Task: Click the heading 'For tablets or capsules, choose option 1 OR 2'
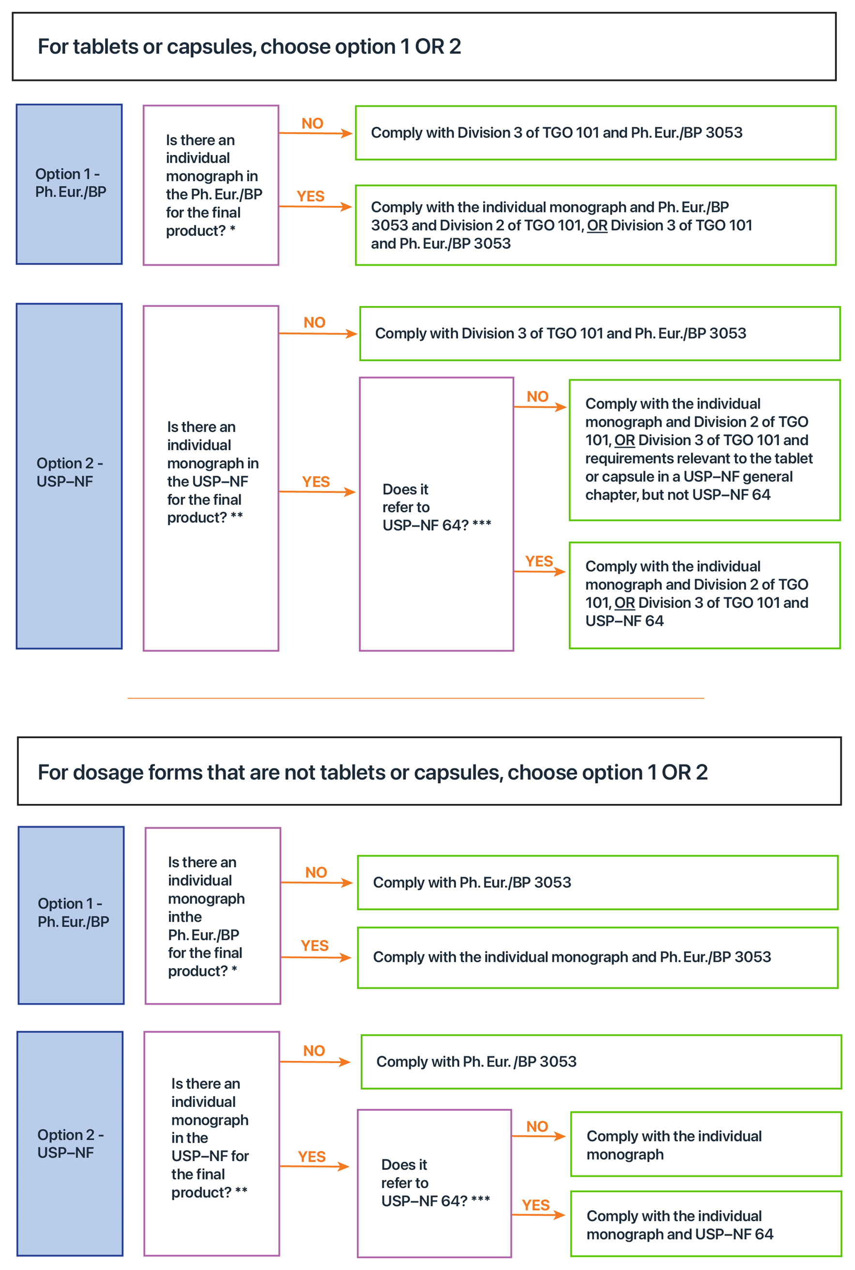(x=249, y=47)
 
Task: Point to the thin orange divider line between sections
(x=415, y=698)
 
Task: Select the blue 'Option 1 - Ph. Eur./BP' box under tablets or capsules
(x=69, y=184)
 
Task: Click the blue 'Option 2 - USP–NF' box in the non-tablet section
(x=70, y=1143)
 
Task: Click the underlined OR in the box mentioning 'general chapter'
(x=625, y=440)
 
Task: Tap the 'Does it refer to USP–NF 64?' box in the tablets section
(x=436, y=514)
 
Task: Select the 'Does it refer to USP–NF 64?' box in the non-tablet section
(x=434, y=1183)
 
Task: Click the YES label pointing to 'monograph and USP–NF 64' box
(x=535, y=1205)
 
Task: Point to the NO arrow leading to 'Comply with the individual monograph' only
(x=539, y=1136)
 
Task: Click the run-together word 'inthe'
(x=185, y=917)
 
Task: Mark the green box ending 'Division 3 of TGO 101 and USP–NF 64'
(x=704, y=595)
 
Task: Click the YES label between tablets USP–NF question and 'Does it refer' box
(x=316, y=482)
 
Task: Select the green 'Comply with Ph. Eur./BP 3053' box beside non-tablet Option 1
(x=597, y=882)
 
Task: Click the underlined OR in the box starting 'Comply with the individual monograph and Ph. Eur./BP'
(x=597, y=226)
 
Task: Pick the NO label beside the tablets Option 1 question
(x=312, y=124)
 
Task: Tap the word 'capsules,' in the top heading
(x=212, y=47)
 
